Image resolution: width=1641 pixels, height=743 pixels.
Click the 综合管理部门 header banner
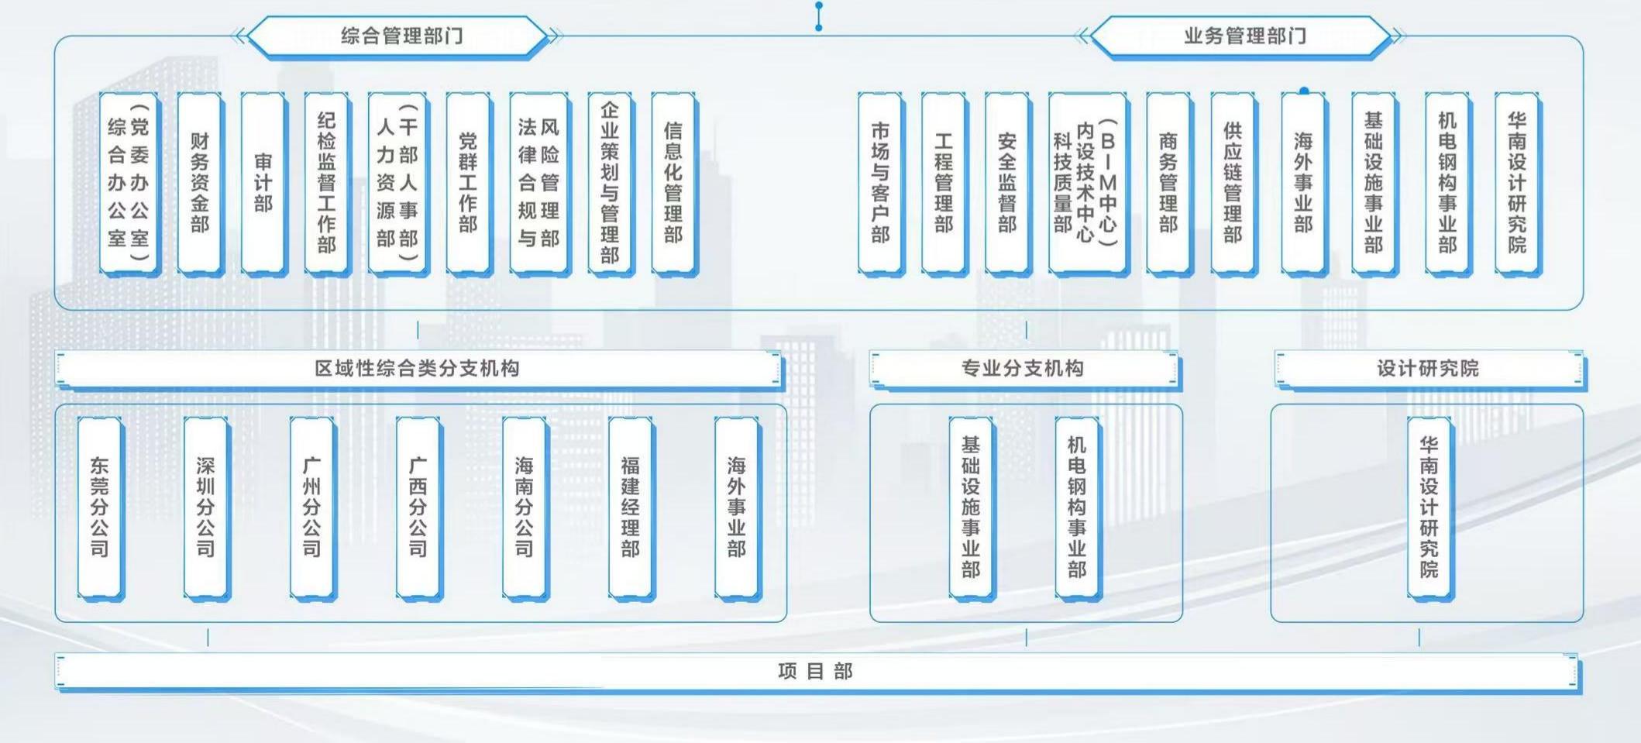(401, 36)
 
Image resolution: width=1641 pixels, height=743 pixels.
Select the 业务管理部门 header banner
(1244, 36)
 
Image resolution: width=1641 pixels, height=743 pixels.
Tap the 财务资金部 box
(200, 183)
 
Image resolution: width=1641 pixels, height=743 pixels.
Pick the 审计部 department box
(263, 183)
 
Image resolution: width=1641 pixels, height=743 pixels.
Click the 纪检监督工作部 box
(326, 183)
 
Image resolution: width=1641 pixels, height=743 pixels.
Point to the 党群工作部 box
(468, 183)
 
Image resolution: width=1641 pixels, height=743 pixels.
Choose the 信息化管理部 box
(673, 183)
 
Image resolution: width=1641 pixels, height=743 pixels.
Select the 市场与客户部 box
(880, 183)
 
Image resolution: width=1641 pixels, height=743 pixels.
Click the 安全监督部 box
(1006, 183)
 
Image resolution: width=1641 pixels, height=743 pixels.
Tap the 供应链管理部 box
(1232, 183)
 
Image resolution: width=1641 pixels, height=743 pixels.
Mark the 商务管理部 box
(1168, 183)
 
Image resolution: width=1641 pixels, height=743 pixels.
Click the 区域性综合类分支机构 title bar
(418, 368)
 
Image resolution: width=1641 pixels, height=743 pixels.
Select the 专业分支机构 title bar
(1023, 368)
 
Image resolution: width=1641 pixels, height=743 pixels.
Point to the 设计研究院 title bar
(1428, 368)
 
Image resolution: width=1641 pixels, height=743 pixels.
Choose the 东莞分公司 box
(100, 507)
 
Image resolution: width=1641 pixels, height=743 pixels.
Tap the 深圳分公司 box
(205, 507)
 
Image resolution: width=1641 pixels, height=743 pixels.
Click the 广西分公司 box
(418, 507)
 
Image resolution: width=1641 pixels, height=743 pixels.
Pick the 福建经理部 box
(630, 507)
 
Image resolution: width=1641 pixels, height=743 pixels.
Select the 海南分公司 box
(524, 507)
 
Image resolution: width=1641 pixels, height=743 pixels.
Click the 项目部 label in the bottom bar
(815, 671)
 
